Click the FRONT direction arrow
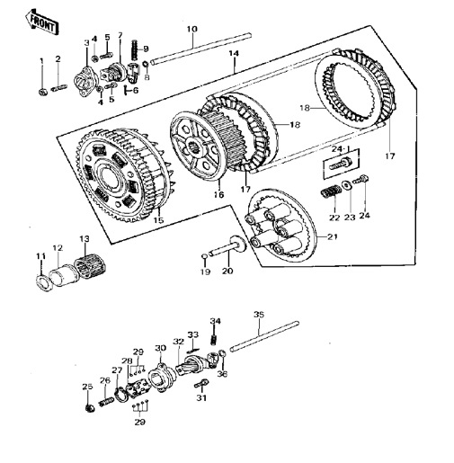pyautogui.click(x=41, y=22)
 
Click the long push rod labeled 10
pyautogui.click(x=200, y=49)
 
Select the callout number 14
pyautogui.click(x=234, y=54)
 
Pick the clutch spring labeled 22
pyautogui.click(x=331, y=191)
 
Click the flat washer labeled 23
pyautogui.click(x=347, y=185)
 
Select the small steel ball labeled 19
pyautogui.click(x=204, y=256)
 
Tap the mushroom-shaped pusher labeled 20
pyautogui.click(x=227, y=247)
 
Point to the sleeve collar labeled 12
pyautogui.click(x=64, y=275)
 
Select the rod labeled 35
pyautogui.click(x=264, y=335)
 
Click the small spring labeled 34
pyautogui.click(x=214, y=339)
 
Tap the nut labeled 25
pyautogui.click(x=89, y=408)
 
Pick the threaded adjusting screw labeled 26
pyautogui.click(x=106, y=402)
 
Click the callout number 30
pyautogui.click(x=161, y=348)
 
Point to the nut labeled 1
pyautogui.click(x=42, y=92)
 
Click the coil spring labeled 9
pyautogui.click(x=135, y=50)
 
